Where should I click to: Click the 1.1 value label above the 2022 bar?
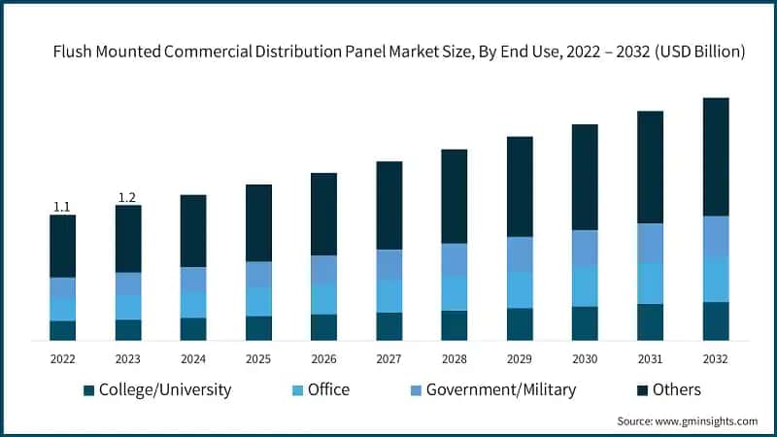coord(62,206)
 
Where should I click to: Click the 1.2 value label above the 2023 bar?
coord(127,197)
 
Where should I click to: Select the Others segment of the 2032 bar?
coord(716,156)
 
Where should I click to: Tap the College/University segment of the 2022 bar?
coord(62,330)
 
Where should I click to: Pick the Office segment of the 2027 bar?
coord(389,295)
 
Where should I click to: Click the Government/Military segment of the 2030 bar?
coord(585,248)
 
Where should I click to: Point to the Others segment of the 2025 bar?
coord(258,222)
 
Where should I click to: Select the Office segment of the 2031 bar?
coord(650,283)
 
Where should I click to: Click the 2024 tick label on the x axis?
coord(193,358)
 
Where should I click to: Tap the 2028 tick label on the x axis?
coord(455,358)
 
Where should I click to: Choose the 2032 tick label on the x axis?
coord(716,358)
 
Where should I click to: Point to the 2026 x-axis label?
coord(323,358)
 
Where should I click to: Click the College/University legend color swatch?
coord(89,390)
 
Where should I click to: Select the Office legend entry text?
coord(328,390)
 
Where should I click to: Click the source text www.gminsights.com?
coord(707,421)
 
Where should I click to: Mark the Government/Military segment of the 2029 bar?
coord(520,253)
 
